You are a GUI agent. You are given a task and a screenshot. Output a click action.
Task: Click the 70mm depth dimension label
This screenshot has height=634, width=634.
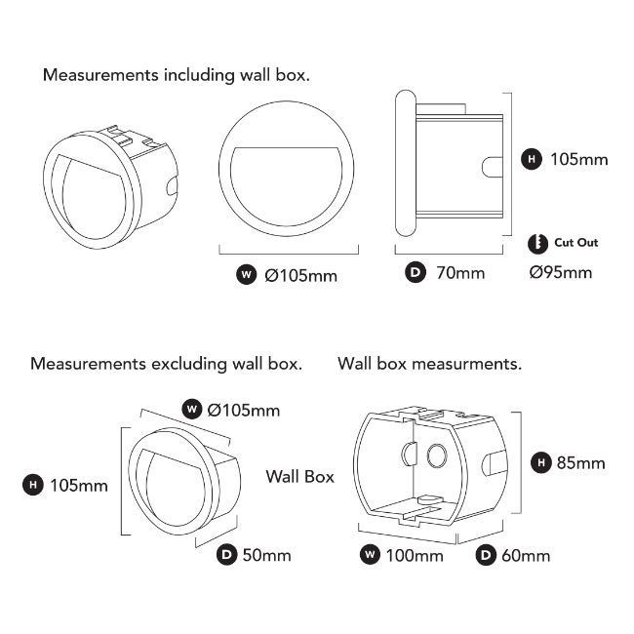click(x=460, y=273)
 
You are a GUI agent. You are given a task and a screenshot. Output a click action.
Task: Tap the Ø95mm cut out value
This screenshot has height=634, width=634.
click(x=561, y=272)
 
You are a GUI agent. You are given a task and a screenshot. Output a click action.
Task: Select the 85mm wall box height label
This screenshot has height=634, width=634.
click(x=580, y=463)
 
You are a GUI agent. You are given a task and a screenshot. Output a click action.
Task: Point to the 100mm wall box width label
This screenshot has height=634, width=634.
click(x=415, y=556)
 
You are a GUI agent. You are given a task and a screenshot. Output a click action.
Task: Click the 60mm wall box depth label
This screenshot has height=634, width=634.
click(x=526, y=556)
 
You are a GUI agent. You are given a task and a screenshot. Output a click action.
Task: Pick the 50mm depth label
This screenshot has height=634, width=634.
click(x=266, y=555)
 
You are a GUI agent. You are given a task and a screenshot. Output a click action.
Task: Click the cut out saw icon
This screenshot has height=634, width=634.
click(x=537, y=244)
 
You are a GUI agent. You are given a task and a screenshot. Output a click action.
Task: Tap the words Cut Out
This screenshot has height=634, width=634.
click(x=575, y=243)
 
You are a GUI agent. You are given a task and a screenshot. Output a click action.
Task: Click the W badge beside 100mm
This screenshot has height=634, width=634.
click(x=370, y=554)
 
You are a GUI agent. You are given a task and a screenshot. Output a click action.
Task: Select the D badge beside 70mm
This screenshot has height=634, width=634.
click(x=416, y=272)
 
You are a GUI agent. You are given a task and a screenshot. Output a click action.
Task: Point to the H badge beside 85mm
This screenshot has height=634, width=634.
click(x=541, y=462)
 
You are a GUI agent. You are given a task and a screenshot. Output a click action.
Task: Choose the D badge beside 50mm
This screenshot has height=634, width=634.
click(x=226, y=554)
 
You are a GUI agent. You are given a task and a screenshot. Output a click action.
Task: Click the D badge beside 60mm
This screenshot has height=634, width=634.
click(x=486, y=555)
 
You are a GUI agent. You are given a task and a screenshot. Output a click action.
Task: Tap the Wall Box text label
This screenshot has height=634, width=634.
click(x=300, y=477)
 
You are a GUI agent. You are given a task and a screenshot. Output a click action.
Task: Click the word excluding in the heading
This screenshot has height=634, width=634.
click(x=189, y=364)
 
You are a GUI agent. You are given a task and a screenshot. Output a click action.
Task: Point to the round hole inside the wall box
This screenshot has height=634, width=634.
click(x=437, y=456)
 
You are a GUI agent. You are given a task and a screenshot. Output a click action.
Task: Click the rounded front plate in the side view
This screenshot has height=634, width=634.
click(x=405, y=163)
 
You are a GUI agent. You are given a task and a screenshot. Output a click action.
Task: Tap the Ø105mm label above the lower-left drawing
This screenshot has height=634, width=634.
click(x=244, y=411)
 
